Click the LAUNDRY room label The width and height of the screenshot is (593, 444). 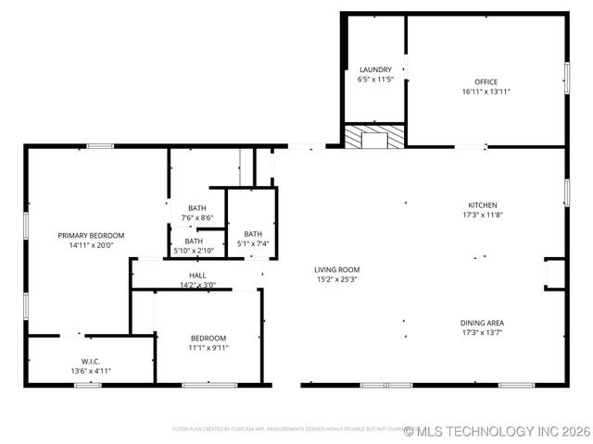pos(375,69)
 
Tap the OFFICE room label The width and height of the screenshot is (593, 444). pos(486,81)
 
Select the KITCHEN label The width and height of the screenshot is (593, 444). pos(482,204)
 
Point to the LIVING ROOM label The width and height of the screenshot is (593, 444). pos(336,269)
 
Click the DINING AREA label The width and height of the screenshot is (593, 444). pos(482,323)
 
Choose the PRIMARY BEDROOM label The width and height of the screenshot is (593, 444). pos(91,235)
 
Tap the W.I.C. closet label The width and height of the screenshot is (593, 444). pos(91,362)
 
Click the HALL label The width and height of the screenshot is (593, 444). pos(198,275)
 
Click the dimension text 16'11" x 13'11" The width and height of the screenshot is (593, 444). pos(486,92)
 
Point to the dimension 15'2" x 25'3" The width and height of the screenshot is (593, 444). pos(336,278)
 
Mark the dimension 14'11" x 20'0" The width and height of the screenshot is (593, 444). pos(91,245)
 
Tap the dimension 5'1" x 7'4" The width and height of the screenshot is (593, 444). pos(253,243)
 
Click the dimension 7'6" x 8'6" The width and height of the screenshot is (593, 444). pos(197,217)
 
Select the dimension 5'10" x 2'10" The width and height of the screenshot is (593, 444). pos(194,250)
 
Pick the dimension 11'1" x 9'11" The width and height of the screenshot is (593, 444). pos(208,348)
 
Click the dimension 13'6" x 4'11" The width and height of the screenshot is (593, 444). pos(91,371)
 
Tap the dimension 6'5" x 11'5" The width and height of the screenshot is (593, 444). pos(375,80)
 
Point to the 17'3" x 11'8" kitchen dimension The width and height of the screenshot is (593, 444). pos(482,215)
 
